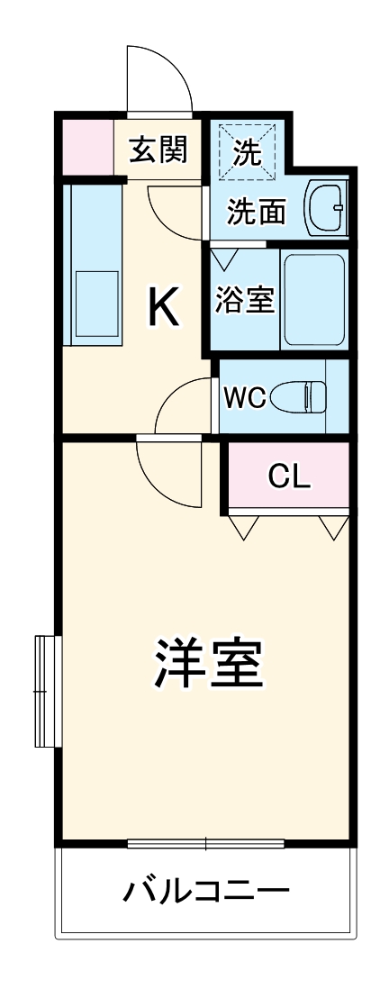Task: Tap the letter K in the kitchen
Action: [x=163, y=309]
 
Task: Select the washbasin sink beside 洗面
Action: [x=325, y=208]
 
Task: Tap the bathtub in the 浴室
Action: [x=314, y=300]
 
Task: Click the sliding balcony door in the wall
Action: [x=206, y=843]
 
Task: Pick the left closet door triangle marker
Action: [x=243, y=527]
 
